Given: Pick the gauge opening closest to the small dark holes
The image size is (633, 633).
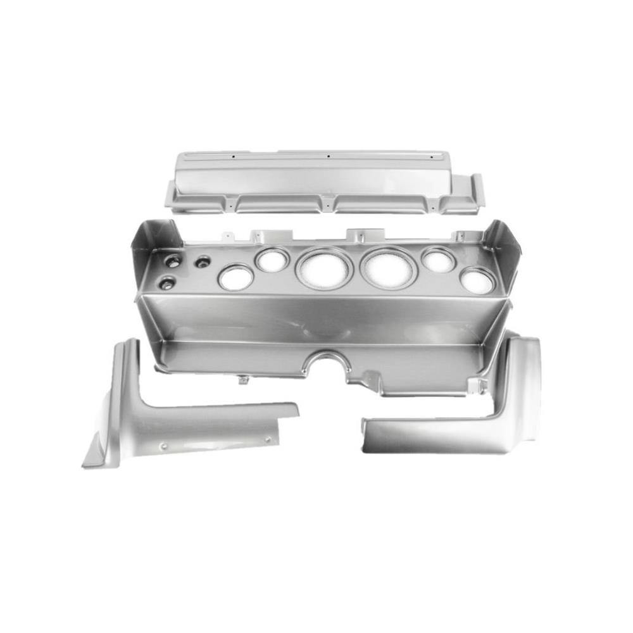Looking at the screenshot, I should (x=235, y=277).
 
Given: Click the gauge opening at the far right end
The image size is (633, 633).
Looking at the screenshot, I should (x=477, y=280).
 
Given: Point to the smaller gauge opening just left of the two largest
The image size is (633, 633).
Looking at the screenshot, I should (x=272, y=260).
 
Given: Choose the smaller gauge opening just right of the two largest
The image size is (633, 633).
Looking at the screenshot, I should (x=438, y=260).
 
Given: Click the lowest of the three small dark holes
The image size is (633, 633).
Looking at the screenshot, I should (x=166, y=284).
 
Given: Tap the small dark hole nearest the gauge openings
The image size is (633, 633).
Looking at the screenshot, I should (x=203, y=261).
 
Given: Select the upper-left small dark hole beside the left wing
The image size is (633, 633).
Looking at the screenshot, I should (x=172, y=261).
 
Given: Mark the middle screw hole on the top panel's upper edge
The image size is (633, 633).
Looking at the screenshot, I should (x=328, y=156).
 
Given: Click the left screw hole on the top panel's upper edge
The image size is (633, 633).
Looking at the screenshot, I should (x=232, y=156).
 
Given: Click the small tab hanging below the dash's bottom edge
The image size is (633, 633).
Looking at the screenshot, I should (x=242, y=380).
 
